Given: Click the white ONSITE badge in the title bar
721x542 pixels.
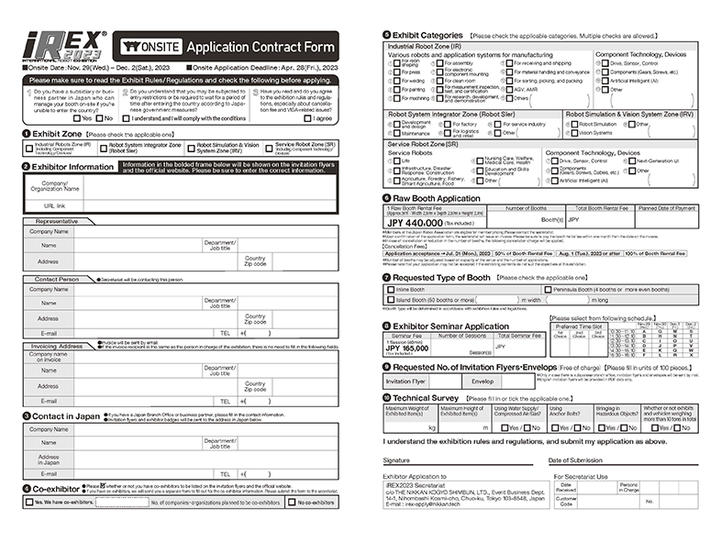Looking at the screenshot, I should (148, 47).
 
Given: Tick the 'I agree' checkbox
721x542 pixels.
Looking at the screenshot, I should (309, 117).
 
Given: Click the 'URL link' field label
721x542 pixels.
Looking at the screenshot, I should (55, 205).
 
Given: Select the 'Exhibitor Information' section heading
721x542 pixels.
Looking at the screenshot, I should (72, 167).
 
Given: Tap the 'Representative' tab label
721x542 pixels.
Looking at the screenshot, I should (56, 222).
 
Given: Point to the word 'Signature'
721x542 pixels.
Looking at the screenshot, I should (396, 459).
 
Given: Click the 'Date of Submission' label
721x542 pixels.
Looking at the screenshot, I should (581, 459).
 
